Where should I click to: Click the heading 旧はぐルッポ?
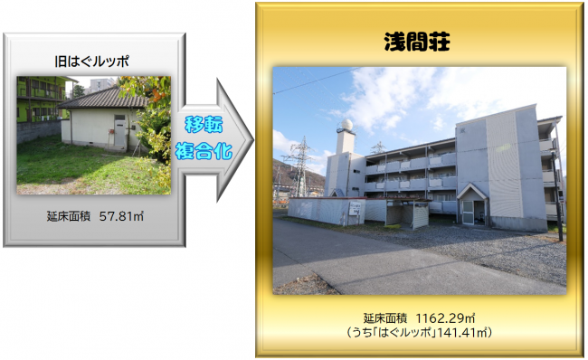click(x=91, y=62)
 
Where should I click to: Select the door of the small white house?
click(x=119, y=134)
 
